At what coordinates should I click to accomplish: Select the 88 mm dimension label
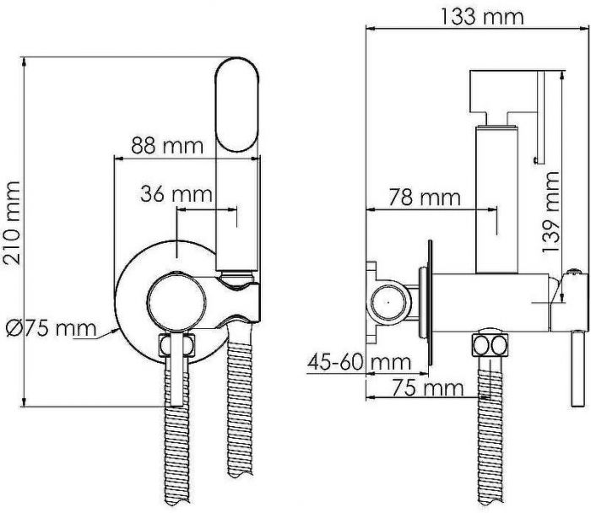(166, 144)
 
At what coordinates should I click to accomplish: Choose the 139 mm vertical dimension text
(550, 211)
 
